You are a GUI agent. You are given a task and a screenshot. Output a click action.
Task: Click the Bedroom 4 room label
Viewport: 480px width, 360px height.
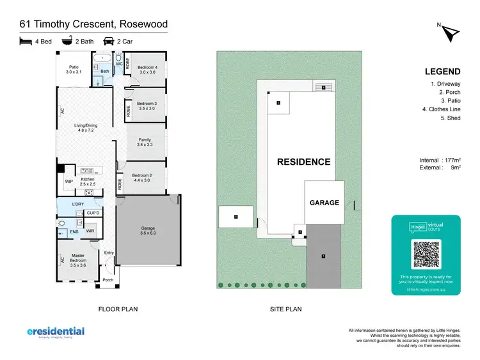pyautogui.click(x=148, y=69)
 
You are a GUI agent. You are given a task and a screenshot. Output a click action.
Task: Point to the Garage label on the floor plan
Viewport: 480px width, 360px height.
pyautogui.click(x=148, y=231)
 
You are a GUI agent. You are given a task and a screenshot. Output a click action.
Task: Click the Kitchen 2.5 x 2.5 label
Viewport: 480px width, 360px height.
pyautogui.click(x=88, y=182)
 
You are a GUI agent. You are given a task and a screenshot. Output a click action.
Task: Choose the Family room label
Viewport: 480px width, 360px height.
pyautogui.click(x=145, y=142)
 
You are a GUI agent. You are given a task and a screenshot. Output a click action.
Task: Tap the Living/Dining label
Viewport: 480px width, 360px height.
pyautogui.click(x=85, y=127)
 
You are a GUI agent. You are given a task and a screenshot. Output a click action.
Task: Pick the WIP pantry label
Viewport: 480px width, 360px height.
pyautogui.click(x=68, y=181)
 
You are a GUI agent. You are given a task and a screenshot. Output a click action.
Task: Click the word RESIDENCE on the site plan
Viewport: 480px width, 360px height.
pyautogui.click(x=303, y=162)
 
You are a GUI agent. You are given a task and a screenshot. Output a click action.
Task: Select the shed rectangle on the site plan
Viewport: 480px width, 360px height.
pyautogui.click(x=236, y=217)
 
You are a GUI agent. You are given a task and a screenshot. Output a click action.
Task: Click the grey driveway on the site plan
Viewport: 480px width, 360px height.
pyautogui.click(x=324, y=256)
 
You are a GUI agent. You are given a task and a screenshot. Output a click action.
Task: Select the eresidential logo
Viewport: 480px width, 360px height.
pyautogui.click(x=56, y=332)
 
